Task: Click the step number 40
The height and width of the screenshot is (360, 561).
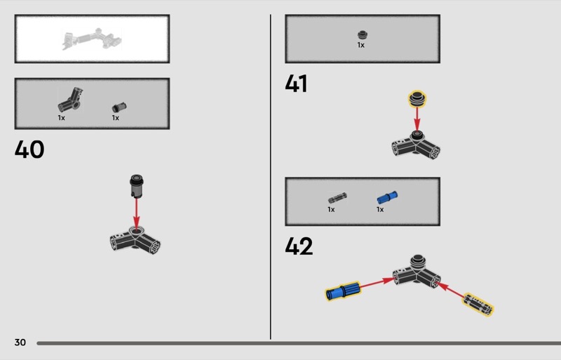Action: click(29, 149)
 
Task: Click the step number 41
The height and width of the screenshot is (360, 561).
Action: click(296, 84)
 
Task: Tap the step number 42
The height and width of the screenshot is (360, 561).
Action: click(299, 246)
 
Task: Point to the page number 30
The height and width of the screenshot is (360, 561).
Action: click(20, 342)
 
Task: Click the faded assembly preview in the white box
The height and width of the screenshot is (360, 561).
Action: click(93, 39)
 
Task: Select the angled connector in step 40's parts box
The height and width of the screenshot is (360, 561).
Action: click(71, 100)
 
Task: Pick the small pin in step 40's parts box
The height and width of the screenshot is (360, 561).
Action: click(119, 107)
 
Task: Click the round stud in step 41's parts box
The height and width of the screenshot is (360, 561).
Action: click(363, 35)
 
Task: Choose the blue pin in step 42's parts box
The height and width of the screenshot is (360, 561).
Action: click(387, 197)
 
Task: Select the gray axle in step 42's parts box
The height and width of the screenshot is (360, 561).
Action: click(337, 198)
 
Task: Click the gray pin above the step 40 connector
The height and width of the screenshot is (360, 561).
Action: click(136, 185)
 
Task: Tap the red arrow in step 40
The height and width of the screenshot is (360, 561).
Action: click(136, 213)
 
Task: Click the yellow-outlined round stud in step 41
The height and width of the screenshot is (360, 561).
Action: click(417, 99)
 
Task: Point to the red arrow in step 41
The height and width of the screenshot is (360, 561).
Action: click(417, 120)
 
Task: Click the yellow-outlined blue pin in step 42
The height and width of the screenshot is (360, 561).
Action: click(343, 291)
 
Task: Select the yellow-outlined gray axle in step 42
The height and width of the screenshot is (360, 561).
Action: click(478, 305)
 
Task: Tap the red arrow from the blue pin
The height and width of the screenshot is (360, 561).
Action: click(377, 283)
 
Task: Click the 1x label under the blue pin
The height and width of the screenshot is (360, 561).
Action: click(380, 209)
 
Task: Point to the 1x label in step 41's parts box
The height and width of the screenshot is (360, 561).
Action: click(360, 45)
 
